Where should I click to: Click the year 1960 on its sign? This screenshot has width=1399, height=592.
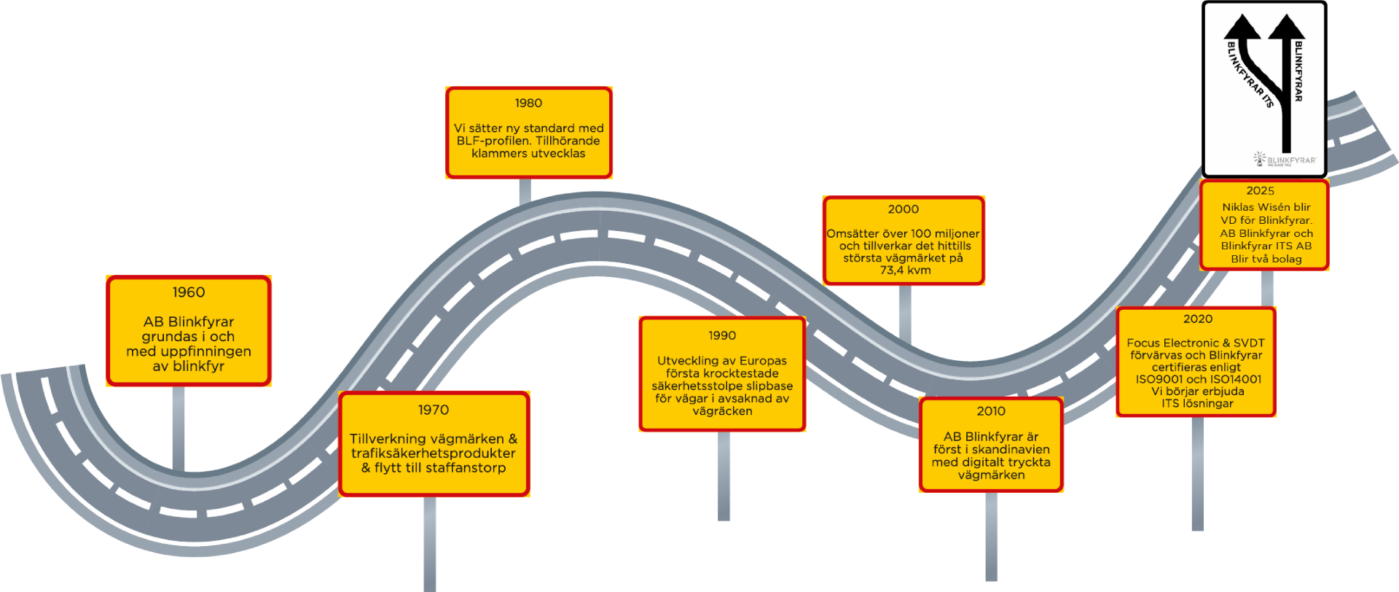click(189, 292)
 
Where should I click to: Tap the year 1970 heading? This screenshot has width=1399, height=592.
click(434, 410)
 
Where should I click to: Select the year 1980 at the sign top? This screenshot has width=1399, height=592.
click(528, 104)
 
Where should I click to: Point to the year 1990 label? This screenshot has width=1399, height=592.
click(722, 335)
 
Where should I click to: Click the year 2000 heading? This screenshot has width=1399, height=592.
click(904, 209)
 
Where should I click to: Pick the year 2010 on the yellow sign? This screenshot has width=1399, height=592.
click(991, 411)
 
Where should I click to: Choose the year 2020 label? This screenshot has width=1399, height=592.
click(1198, 319)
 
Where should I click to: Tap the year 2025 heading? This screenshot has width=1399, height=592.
click(1261, 191)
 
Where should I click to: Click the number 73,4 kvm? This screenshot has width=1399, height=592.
click(905, 270)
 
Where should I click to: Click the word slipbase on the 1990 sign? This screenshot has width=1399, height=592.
click(769, 386)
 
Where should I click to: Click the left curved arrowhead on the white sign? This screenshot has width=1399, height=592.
click(1241, 28)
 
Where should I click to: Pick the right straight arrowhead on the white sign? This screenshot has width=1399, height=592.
click(1286, 28)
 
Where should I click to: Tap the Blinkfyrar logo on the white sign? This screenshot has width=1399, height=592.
click(1285, 160)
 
